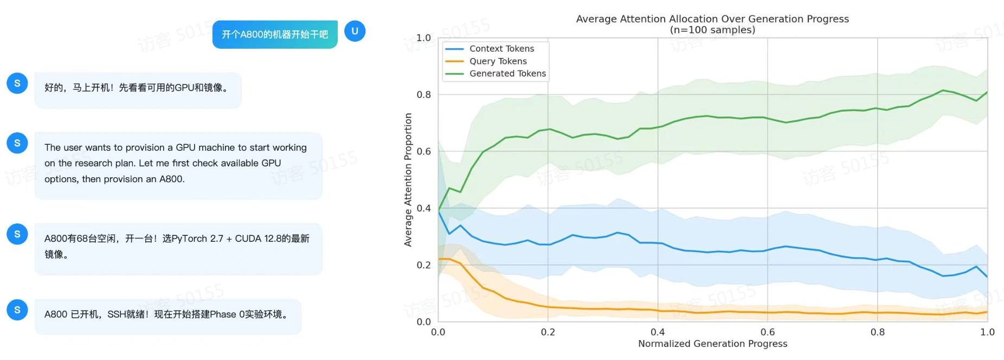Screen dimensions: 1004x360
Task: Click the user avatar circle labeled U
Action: click(355, 31)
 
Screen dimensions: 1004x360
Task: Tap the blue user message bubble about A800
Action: click(275, 34)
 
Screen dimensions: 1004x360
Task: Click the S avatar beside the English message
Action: click(17, 143)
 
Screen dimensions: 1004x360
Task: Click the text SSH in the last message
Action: click(117, 314)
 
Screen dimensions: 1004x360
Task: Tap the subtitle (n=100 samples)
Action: click(712, 30)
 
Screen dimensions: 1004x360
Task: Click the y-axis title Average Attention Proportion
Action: click(408, 180)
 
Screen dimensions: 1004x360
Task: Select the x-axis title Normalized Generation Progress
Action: click(712, 344)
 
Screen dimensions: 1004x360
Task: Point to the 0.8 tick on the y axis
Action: click(423, 95)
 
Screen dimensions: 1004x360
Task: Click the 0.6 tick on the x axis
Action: click(768, 332)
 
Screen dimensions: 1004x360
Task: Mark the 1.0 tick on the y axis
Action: click(423, 38)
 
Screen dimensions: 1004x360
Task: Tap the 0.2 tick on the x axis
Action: click(548, 332)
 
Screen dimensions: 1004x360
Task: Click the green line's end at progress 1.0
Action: click(987, 92)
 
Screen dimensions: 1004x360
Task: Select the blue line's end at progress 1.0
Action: click(987, 277)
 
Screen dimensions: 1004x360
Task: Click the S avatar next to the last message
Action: click(17, 310)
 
